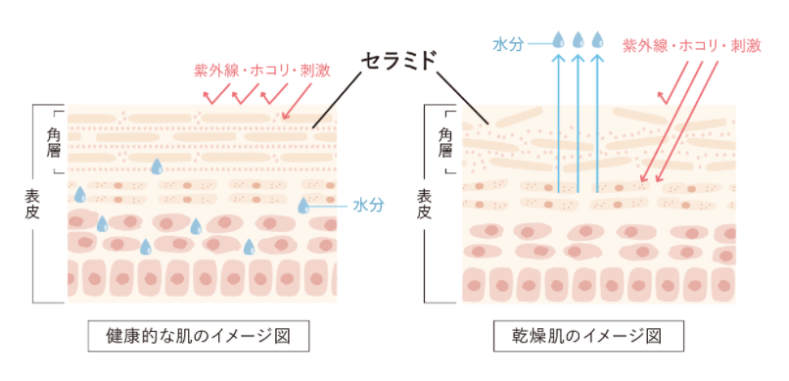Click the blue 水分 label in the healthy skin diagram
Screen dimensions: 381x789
(368, 205)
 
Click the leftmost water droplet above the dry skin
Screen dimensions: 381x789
(558, 41)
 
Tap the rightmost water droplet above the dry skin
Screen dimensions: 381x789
(597, 41)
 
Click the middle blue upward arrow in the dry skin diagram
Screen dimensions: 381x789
(578, 122)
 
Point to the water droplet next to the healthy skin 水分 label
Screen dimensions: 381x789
(303, 206)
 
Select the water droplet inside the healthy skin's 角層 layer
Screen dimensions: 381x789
(156, 167)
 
